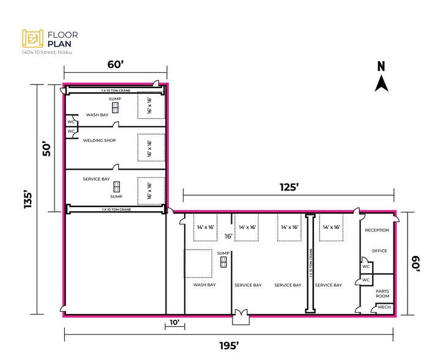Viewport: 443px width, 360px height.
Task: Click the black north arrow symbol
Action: point(381,83)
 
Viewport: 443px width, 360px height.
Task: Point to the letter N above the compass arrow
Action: point(381,67)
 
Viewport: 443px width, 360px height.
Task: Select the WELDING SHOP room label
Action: point(99,140)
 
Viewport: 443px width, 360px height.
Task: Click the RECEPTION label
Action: point(377,230)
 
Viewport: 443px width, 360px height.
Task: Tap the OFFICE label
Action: point(380,251)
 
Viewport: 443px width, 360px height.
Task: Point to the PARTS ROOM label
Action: point(382,294)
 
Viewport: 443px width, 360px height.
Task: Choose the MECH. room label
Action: point(384,307)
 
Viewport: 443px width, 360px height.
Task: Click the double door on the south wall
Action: point(240,317)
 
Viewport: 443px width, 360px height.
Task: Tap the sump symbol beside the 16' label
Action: point(223,263)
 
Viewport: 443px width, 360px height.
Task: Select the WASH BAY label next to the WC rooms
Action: point(97,114)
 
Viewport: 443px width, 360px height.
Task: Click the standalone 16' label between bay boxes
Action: point(229,236)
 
